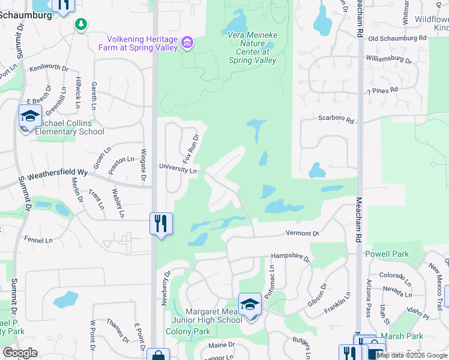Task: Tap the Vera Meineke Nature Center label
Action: [x=253, y=47]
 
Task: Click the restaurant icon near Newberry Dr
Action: [x=161, y=223]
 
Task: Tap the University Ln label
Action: [x=178, y=170]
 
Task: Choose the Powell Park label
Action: [x=387, y=254]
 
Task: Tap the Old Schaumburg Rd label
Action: [x=397, y=38]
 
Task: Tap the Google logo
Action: [x=20, y=353]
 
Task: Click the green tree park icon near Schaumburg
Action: [x=80, y=24]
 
